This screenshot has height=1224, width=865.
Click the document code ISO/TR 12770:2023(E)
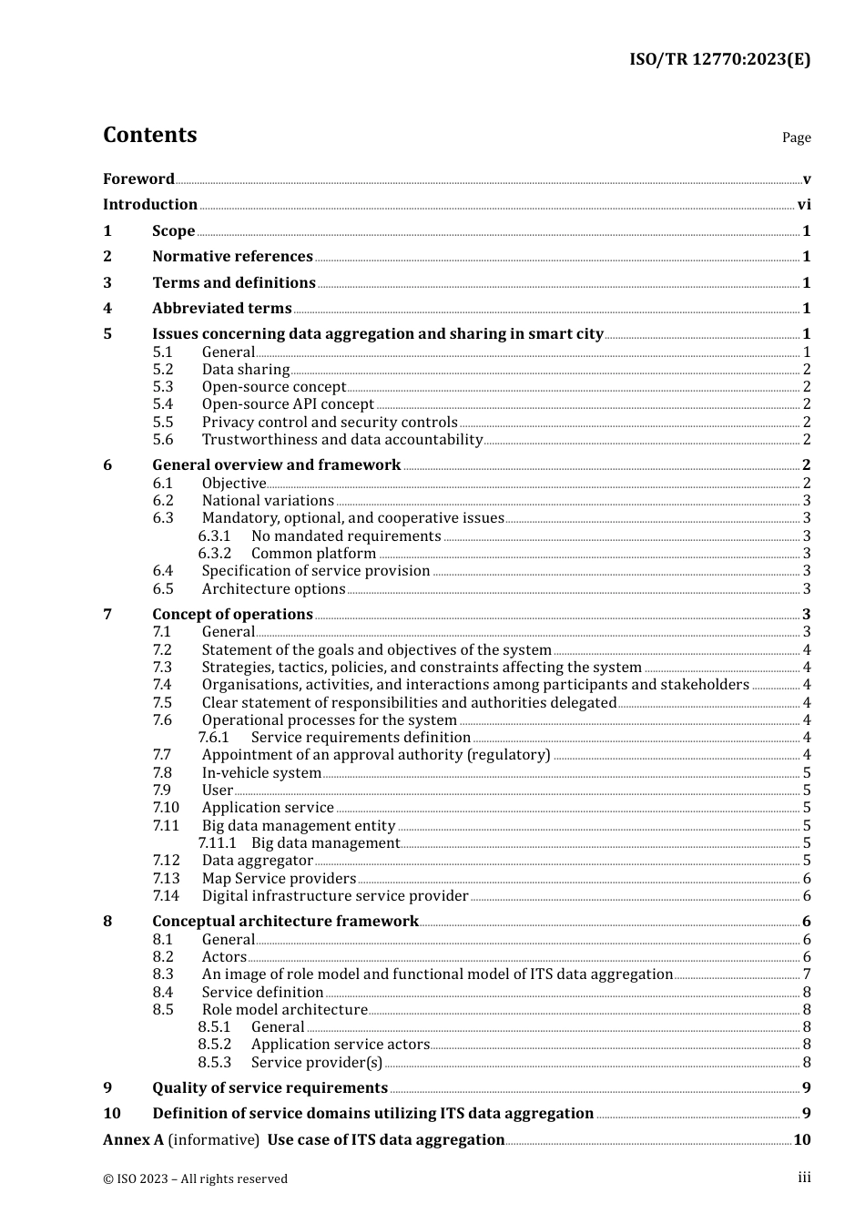719,60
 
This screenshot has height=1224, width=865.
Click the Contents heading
149,135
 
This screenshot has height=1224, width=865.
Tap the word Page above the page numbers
796,138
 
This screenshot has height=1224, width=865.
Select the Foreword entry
138,179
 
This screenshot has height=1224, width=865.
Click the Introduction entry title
150,205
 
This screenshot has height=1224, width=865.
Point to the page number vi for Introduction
804,205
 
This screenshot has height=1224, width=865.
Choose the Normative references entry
232,257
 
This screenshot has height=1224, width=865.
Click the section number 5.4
163,404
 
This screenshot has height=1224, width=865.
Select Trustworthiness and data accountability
342,440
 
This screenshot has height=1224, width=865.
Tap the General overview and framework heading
276,465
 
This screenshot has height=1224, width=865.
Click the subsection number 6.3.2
215,554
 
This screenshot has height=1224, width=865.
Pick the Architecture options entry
273,589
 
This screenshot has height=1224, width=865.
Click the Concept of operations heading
232,615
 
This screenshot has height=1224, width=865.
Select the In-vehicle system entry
261,773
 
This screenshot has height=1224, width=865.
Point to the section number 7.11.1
217,843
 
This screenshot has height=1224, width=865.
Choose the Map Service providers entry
279,879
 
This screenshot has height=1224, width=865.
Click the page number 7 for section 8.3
807,974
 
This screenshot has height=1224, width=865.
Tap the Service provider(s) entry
317,1063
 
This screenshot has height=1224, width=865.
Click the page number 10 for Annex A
802,1140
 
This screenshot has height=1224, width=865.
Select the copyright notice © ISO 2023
195,1179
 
